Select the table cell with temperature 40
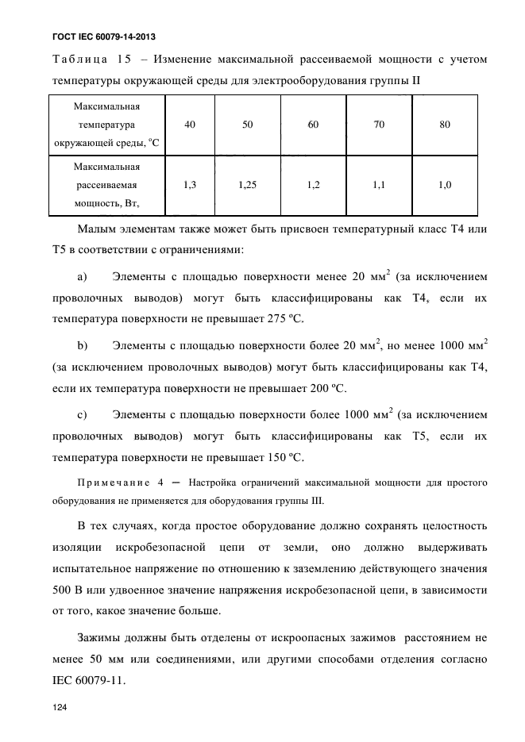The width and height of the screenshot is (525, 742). [x=190, y=125]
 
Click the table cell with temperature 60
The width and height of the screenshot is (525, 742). [x=313, y=125]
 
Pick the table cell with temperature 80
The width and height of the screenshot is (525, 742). [x=444, y=125]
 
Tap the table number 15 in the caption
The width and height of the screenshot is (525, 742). [x=131, y=59]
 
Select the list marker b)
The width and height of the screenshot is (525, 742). [x=82, y=345]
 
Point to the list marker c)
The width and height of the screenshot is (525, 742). [x=82, y=413]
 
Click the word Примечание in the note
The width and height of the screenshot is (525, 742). [x=114, y=483]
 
